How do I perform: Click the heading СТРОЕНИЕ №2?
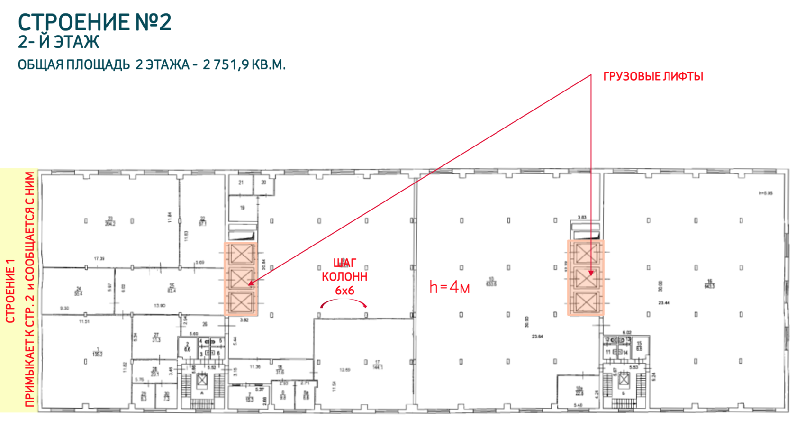click(x=94, y=22)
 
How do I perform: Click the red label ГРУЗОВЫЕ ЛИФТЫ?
click(x=653, y=76)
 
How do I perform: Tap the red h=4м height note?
click(x=449, y=287)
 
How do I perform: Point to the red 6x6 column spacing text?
click(x=344, y=291)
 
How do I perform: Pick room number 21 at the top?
click(x=241, y=183)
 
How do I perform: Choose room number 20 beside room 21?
click(x=263, y=183)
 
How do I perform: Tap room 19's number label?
click(x=242, y=208)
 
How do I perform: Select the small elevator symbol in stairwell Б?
click(x=624, y=379)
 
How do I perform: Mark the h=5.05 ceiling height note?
click(x=765, y=193)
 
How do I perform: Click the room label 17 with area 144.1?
click(x=377, y=365)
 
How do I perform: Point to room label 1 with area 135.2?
click(x=97, y=352)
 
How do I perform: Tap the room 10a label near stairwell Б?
click(x=579, y=391)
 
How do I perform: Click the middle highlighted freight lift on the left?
click(x=241, y=278)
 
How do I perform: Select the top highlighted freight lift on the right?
click(x=586, y=254)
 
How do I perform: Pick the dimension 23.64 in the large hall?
click(x=537, y=336)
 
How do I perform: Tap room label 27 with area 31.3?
click(x=156, y=337)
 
